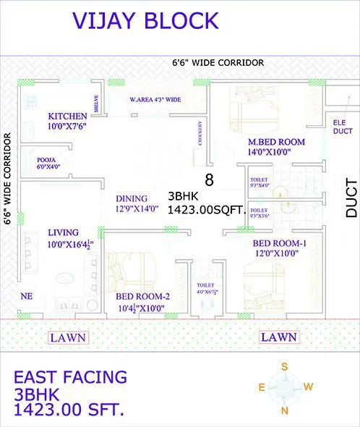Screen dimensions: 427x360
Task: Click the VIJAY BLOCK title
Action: [x=144, y=21]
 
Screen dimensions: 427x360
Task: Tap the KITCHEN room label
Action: [x=68, y=116]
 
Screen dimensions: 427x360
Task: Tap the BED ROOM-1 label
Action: [x=280, y=243]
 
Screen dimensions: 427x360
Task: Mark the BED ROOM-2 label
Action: [x=142, y=296]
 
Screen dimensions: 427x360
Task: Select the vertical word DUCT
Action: [x=351, y=198]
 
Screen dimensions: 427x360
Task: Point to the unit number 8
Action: [x=209, y=179]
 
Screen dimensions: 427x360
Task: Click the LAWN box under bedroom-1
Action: [x=279, y=337]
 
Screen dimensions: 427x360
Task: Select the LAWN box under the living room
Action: [x=68, y=337]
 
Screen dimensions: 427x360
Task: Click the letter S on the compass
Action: [x=285, y=367]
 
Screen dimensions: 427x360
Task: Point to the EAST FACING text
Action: [x=70, y=377]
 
